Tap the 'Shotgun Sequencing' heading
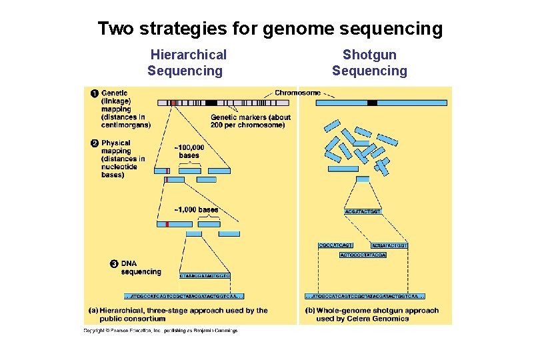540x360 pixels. [x=369, y=63]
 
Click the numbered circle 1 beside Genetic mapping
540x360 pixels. [x=95, y=93]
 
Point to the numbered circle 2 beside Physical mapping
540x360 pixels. [x=95, y=143]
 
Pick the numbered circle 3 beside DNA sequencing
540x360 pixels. [x=114, y=265]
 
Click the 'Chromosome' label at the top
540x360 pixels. [x=297, y=93]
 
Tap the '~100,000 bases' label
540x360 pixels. [x=189, y=151]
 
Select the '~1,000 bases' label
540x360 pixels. [x=196, y=210]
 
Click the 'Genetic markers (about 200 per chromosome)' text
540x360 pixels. [x=251, y=121]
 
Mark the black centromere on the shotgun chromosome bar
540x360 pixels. [x=372, y=103]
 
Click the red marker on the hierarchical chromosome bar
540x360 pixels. [x=173, y=103]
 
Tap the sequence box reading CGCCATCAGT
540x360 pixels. [x=336, y=246]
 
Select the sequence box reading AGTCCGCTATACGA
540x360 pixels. [x=363, y=255]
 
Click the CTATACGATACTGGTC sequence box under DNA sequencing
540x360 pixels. [x=205, y=275]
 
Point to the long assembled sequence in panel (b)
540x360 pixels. [x=365, y=296]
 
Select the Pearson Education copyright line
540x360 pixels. [x=160, y=330]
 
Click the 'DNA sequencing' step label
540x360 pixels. [x=141, y=268]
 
